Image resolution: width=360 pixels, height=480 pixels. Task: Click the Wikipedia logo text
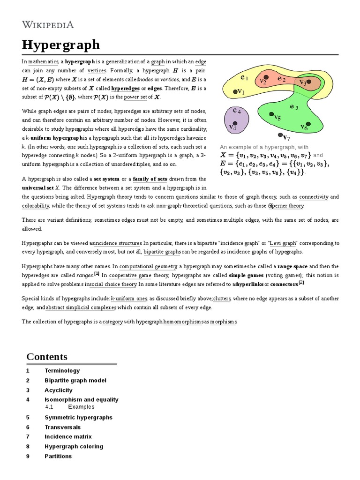point(47,24)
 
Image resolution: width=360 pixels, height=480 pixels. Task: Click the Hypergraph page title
point(61,45)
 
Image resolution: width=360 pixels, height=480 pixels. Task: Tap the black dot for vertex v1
point(235,92)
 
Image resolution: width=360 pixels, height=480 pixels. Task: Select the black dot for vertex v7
point(280,135)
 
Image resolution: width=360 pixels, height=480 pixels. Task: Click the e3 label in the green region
point(294,107)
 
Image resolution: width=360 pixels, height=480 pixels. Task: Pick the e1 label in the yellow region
point(244,77)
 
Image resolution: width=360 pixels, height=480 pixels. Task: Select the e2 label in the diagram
point(281,79)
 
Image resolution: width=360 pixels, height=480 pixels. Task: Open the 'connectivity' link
point(314,197)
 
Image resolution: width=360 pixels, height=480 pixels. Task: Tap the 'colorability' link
point(35,205)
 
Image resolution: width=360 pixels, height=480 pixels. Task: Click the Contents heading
point(47,357)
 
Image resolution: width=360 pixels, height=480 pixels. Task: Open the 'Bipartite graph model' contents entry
point(75,380)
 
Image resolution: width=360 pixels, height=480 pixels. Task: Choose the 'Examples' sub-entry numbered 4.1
point(81,407)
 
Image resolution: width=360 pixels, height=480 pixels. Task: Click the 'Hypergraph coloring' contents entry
point(74,446)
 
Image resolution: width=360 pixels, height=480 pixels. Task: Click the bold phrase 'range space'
point(292,266)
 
